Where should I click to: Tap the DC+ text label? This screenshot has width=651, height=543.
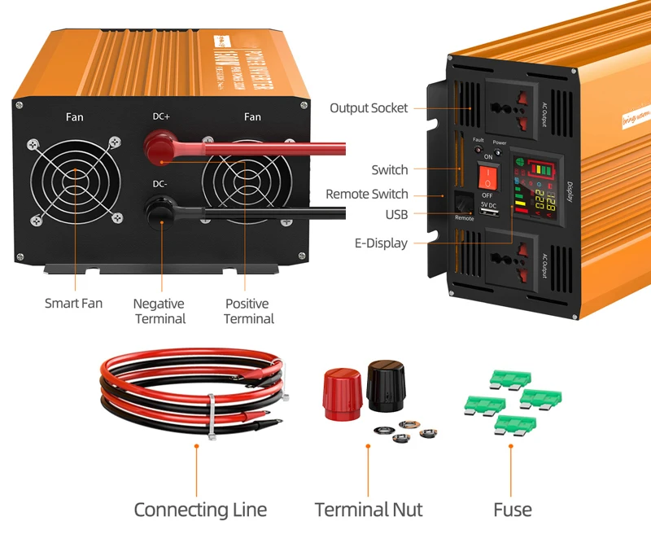coord(162,116)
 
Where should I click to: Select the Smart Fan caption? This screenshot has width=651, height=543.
coord(73,303)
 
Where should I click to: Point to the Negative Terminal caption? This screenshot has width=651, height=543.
coord(159,311)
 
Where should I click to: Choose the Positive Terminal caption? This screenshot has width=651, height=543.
coord(247,311)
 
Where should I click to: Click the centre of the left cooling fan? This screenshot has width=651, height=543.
coord(74,181)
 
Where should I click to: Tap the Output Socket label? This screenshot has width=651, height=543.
coord(369,108)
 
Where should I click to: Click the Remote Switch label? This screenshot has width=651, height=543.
coord(367,194)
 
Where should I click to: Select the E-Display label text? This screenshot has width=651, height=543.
coord(381,243)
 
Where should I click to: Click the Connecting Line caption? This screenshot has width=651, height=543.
coord(200,510)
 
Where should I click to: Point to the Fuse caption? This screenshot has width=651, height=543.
coord(513,510)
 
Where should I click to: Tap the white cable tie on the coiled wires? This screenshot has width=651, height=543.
coord(212,415)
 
